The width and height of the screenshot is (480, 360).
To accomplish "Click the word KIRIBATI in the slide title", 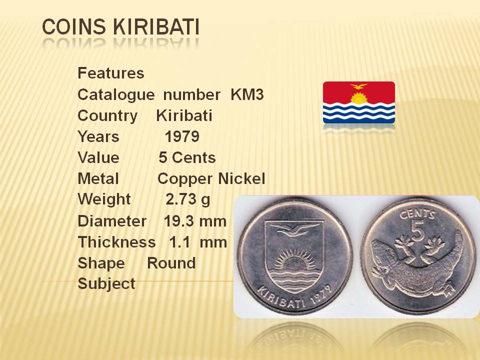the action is click(x=156, y=26).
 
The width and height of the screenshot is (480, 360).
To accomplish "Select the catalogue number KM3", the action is click(x=247, y=94).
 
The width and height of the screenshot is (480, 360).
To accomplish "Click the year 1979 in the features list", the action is click(x=182, y=136).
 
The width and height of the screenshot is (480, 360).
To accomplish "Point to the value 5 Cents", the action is click(x=187, y=157).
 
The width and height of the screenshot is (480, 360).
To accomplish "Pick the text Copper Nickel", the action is click(x=211, y=179).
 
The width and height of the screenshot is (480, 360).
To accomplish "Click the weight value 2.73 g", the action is click(x=188, y=200).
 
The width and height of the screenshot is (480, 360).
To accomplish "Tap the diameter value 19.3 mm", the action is click(x=195, y=221).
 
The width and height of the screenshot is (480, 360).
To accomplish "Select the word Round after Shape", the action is click(x=171, y=263).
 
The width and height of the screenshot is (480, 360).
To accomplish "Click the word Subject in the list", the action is click(x=106, y=284).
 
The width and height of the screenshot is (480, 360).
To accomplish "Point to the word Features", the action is click(x=111, y=73).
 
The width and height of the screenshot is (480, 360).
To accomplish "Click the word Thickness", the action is click(x=116, y=242).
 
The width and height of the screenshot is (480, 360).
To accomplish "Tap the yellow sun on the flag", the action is click(x=359, y=98).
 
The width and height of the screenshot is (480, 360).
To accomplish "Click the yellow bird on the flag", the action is click(x=359, y=86).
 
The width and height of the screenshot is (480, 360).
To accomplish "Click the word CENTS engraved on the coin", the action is click(x=417, y=214).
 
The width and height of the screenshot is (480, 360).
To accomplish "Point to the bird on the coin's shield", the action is click(x=294, y=229).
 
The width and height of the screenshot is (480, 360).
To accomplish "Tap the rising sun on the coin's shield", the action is click(x=294, y=259).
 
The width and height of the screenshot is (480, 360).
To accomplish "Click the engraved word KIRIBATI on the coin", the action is click(x=281, y=298).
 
